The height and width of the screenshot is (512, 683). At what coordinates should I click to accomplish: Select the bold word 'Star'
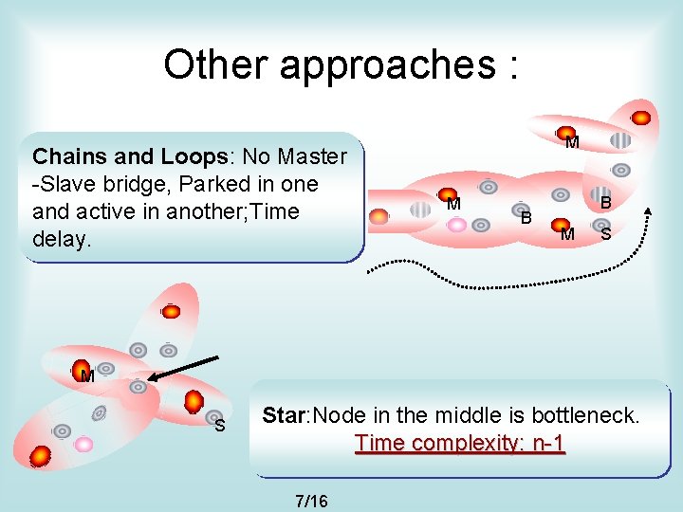coord(284,415)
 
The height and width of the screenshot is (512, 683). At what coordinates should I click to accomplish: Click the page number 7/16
coord(311,500)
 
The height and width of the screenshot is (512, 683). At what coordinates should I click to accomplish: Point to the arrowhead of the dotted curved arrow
coord(648,210)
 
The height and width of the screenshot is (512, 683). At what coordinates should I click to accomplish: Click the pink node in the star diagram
coord(83,444)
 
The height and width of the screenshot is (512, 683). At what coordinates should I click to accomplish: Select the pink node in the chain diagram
coord(456,225)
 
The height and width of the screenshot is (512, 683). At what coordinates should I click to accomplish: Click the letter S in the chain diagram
coord(605,233)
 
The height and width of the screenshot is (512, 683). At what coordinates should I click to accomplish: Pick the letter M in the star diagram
coord(87,376)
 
